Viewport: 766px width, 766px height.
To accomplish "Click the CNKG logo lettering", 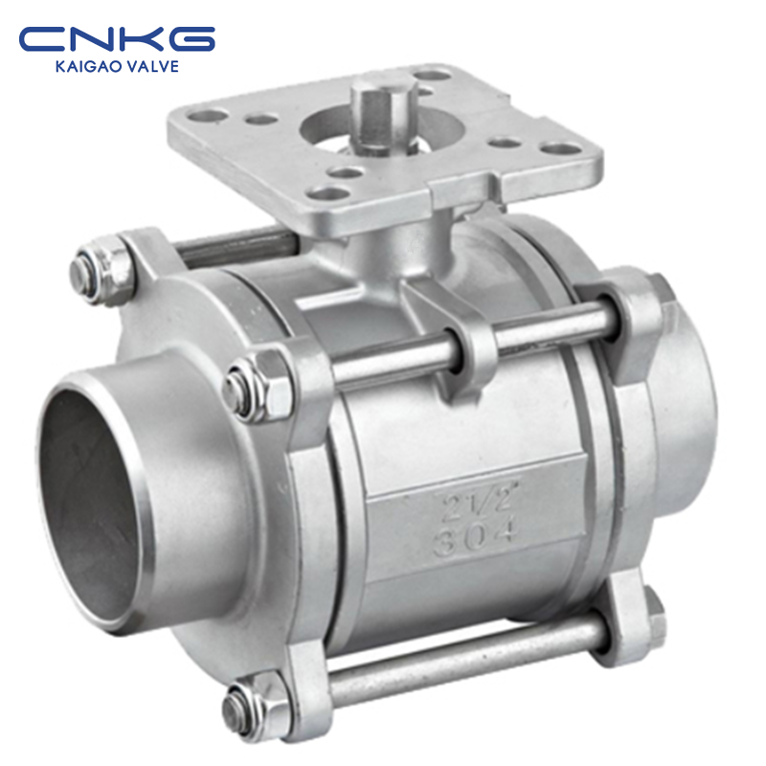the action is coord(117,38).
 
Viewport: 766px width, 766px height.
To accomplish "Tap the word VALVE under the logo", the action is coord(152,66).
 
